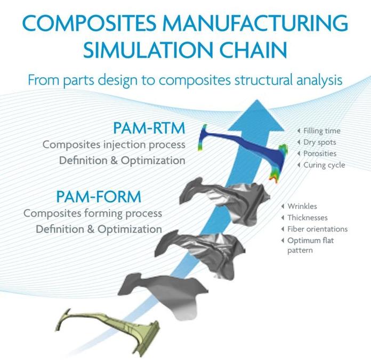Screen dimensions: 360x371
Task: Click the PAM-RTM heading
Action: (x=149, y=129)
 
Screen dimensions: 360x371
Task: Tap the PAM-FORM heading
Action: (x=99, y=197)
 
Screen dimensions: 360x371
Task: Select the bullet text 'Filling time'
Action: (x=322, y=131)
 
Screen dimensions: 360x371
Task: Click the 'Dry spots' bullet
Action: (x=319, y=142)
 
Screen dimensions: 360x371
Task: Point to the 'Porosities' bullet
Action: (x=320, y=154)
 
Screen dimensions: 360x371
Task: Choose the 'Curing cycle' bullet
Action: (x=324, y=165)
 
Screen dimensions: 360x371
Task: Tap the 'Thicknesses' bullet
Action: (x=308, y=218)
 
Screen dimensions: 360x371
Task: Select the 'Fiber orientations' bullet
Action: (x=317, y=229)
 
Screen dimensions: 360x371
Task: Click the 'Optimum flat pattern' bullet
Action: (x=310, y=245)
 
